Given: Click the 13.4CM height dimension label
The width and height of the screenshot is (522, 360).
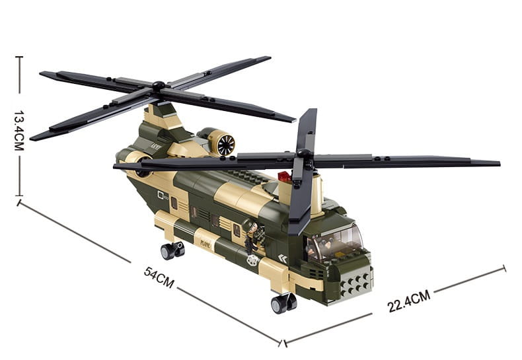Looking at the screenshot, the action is point(19,131).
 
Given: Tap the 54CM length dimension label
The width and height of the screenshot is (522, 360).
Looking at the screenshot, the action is point(159,277).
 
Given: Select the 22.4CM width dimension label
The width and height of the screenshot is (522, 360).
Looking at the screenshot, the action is point(409,301).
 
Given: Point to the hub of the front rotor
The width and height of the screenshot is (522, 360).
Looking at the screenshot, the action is point(303,154).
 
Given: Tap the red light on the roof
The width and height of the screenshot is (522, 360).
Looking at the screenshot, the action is point(285,176).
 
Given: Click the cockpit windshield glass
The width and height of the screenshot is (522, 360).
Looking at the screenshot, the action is point(337,242).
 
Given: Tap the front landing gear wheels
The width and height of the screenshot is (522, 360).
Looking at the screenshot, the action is point(283,303).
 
